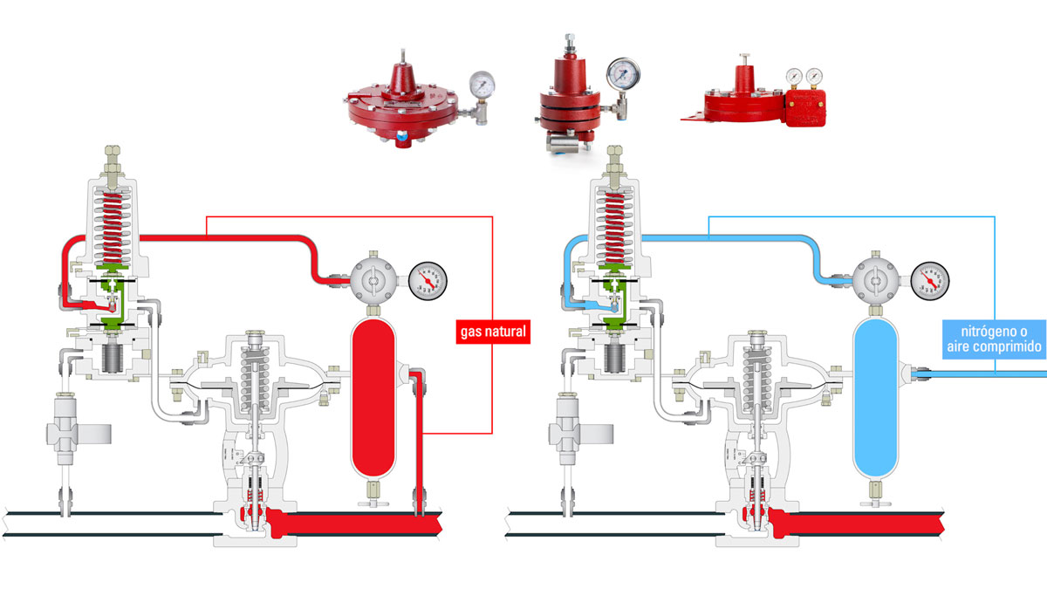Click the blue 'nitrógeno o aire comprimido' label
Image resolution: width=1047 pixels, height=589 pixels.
click(x=994, y=339)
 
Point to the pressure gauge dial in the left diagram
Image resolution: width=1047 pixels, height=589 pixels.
click(x=428, y=281)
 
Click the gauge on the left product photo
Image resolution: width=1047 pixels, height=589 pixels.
click(x=482, y=84)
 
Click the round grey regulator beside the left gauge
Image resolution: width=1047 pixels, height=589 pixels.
click(x=373, y=281)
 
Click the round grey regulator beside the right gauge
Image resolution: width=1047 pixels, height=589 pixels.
click(x=875, y=281)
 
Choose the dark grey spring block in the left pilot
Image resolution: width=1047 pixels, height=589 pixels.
click(x=113, y=359)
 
